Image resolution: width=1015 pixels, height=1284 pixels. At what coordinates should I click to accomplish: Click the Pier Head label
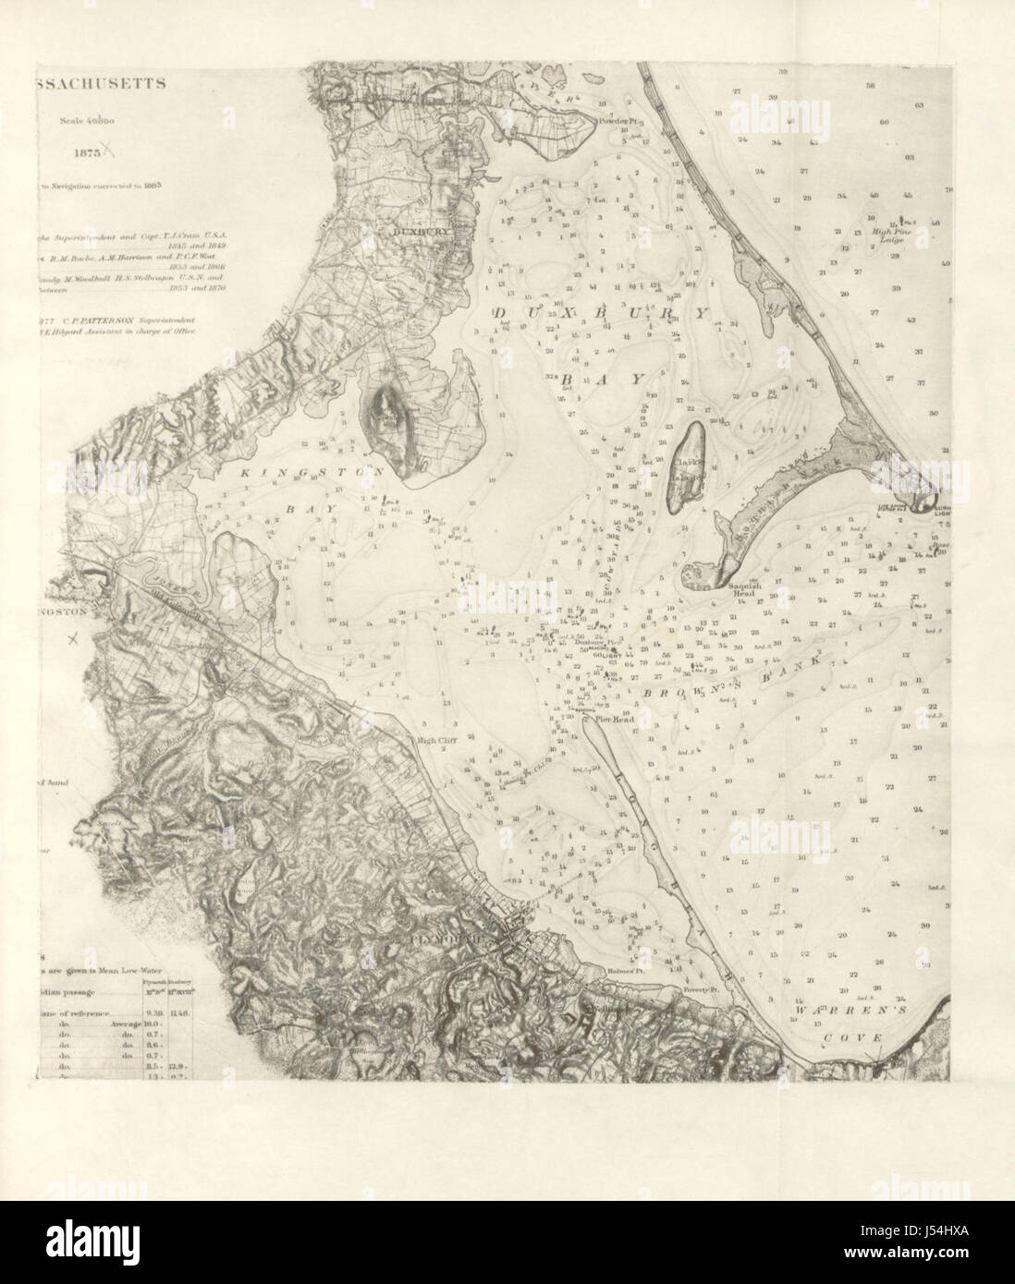[x=614, y=715]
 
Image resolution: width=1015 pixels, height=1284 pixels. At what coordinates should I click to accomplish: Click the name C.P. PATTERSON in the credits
[x=97, y=321]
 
